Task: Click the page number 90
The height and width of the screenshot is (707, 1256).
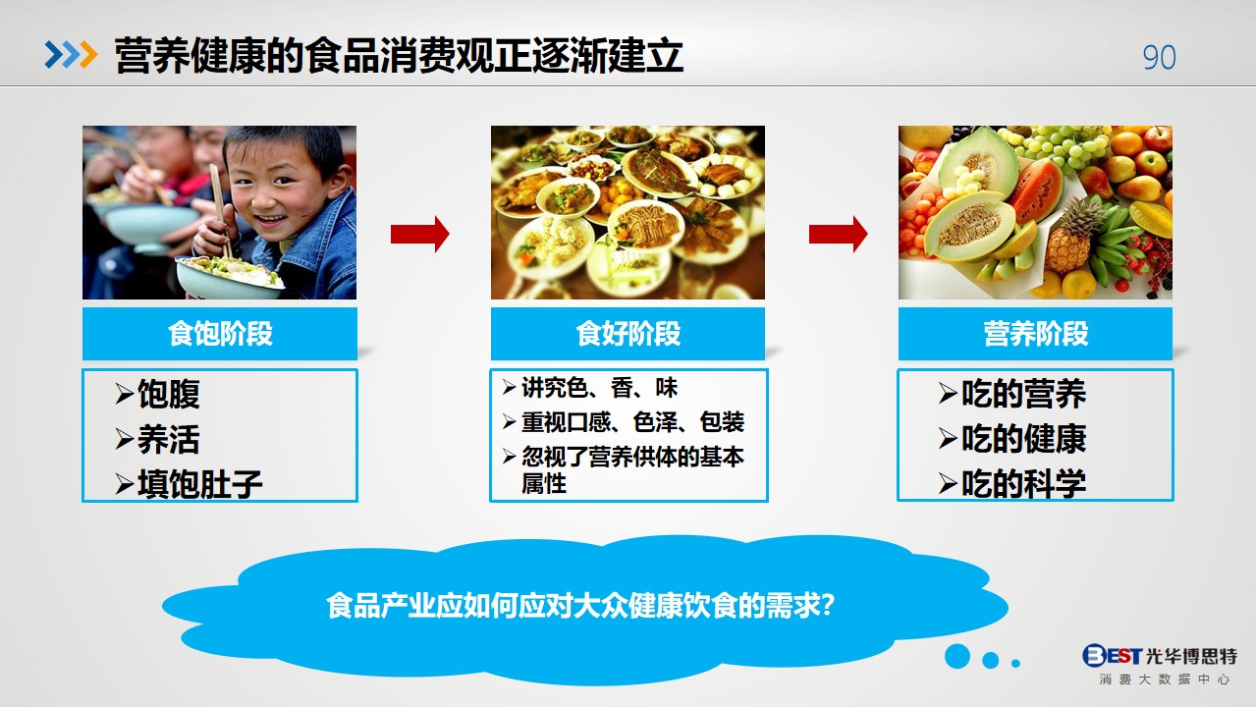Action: click(x=1159, y=57)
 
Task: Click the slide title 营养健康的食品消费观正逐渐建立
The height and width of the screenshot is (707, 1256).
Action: click(x=399, y=56)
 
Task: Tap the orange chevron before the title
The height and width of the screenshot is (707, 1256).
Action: click(x=88, y=55)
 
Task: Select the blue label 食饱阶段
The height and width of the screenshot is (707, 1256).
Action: click(x=220, y=334)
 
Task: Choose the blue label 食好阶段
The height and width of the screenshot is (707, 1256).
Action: click(x=628, y=334)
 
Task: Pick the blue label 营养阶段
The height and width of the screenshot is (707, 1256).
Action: click(x=1035, y=334)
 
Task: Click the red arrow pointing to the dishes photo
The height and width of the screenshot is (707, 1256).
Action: click(x=420, y=234)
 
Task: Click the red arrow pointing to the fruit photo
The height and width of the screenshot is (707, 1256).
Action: click(x=839, y=234)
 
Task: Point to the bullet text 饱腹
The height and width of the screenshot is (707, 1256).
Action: click(x=169, y=394)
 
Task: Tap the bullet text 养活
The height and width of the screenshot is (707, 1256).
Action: click(x=169, y=439)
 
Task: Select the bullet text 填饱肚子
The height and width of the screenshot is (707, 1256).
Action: click(x=200, y=484)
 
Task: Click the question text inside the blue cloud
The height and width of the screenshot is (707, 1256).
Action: click(x=580, y=606)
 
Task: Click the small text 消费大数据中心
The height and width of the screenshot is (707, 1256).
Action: click(x=1165, y=680)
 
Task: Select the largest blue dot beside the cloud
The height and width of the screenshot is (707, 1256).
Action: click(x=957, y=656)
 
